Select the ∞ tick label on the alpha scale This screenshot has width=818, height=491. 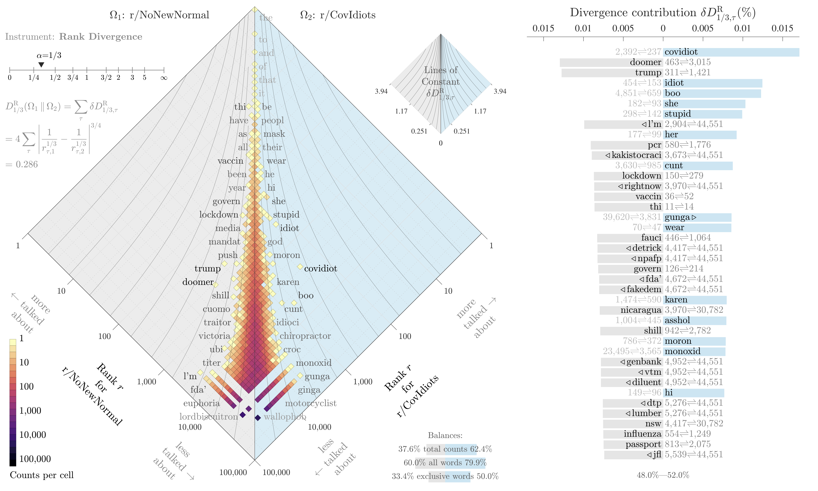click(x=164, y=78)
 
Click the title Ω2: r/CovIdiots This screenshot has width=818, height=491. click(x=338, y=15)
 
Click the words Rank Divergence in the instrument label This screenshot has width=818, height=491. click(x=101, y=37)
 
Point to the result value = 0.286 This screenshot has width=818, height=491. click(x=22, y=164)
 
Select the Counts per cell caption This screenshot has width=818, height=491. click(x=42, y=475)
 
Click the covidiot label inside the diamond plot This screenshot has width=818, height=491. click(x=320, y=269)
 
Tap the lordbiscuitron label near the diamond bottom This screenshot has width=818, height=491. click(x=209, y=417)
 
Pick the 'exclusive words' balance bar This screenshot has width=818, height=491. click(x=449, y=476)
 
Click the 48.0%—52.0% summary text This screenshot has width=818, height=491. click(x=663, y=475)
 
